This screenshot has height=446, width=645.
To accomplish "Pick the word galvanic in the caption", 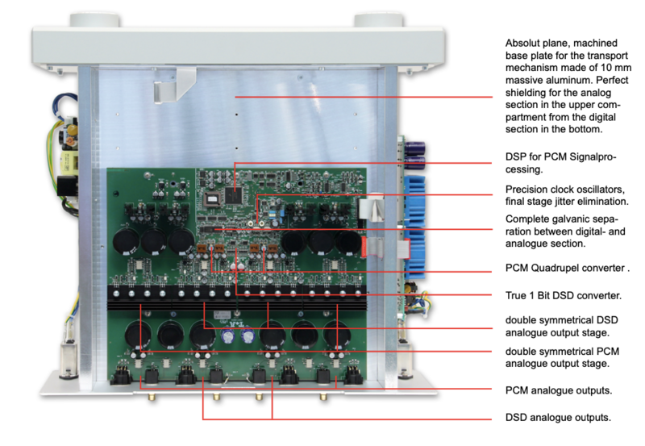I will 574,219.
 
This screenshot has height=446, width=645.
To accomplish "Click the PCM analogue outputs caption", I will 557,390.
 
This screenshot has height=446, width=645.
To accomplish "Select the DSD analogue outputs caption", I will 557,418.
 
